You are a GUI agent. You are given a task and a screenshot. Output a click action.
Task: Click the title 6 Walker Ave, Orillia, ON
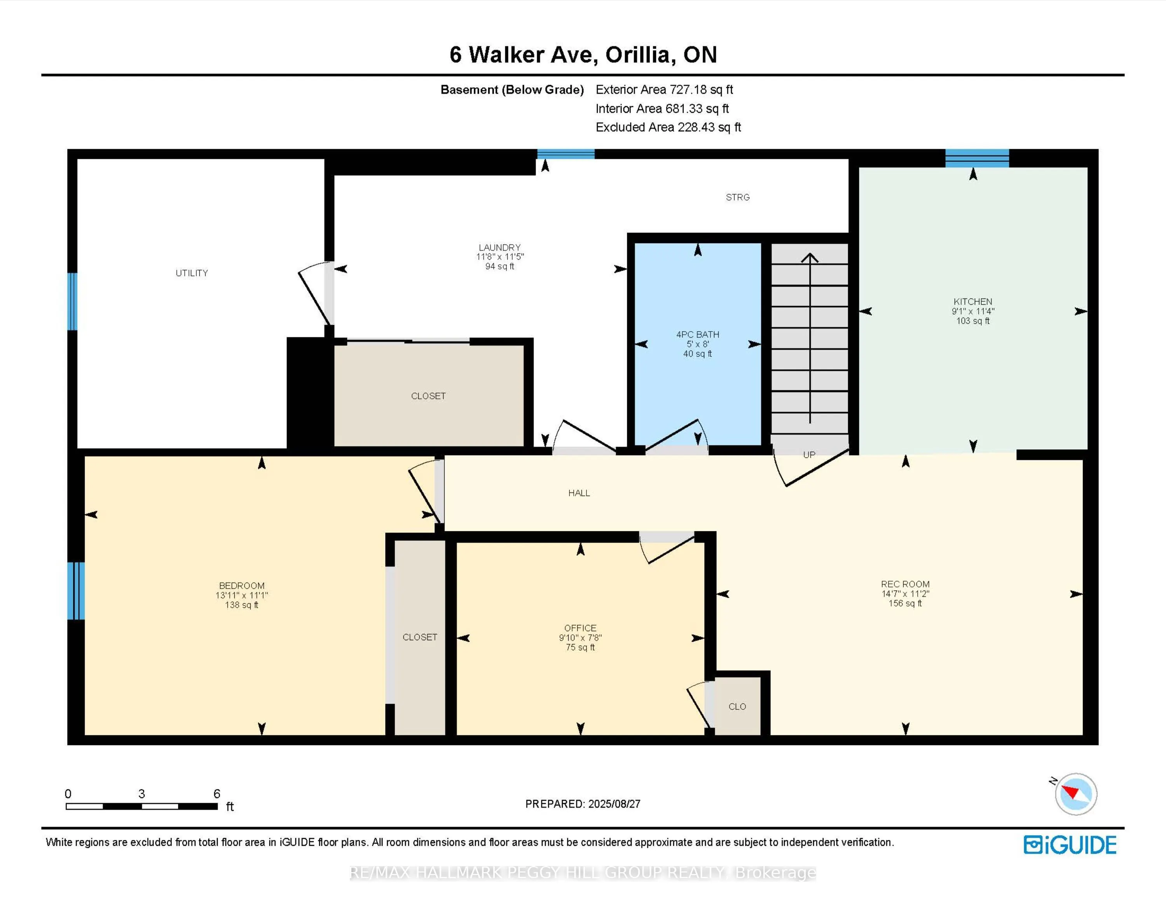[583, 54]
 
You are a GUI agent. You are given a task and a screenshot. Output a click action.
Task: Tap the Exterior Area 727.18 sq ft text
[664, 90]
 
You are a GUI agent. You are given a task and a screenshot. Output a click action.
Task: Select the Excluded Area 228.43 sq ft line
[668, 127]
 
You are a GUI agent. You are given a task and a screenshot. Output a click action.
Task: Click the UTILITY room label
[192, 273]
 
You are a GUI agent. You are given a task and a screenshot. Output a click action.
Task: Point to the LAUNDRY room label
[499, 247]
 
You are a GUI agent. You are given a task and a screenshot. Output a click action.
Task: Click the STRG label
[737, 197]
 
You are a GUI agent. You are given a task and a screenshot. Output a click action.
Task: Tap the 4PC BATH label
[697, 335]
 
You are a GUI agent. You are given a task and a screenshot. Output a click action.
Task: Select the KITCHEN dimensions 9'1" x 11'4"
[973, 311]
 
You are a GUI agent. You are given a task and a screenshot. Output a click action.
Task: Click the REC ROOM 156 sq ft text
[905, 603]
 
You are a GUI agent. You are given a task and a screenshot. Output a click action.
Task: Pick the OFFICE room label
[580, 628]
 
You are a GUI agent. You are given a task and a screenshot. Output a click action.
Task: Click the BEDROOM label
[241, 585]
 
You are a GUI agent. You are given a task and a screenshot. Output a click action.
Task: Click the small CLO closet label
[737, 706]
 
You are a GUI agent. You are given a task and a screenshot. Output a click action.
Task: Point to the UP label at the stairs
[809, 455]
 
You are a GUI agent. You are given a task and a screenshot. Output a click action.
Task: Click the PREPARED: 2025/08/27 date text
[583, 804]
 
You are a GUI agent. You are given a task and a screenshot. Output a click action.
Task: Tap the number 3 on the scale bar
[141, 794]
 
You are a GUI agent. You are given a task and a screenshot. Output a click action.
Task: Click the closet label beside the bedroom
[420, 637]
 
